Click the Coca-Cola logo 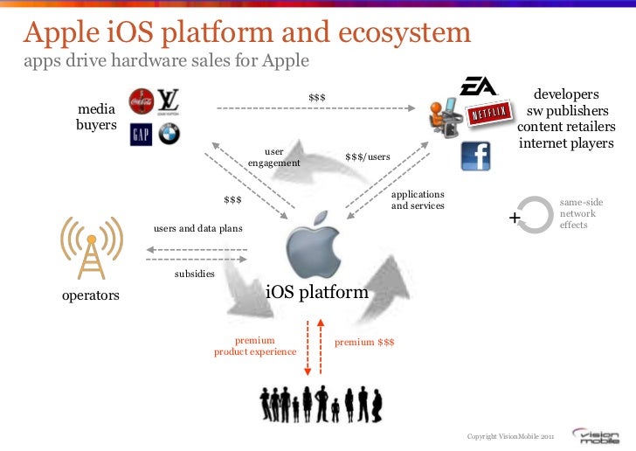tap(140, 102)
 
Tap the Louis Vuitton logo tap(168, 101)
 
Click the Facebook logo tap(475, 156)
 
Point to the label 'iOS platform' tap(316, 292)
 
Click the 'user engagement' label tap(273, 157)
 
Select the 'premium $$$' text tap(364, 342)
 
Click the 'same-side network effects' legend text tap(580, 213)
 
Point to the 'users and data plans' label tap(198, 228)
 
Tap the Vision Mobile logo tap(598, 435)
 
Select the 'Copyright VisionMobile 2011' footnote tap(510, 436)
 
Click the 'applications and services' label tap(418, 199)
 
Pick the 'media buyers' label tap(96, 117)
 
